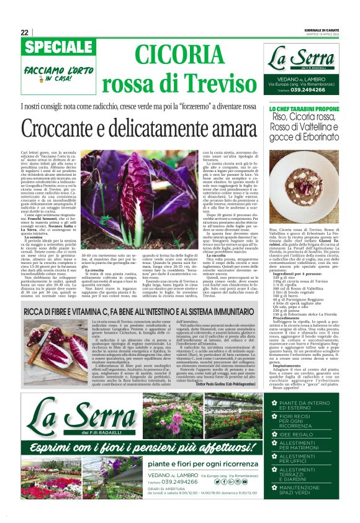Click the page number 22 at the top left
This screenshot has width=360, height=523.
coord(24,32)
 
